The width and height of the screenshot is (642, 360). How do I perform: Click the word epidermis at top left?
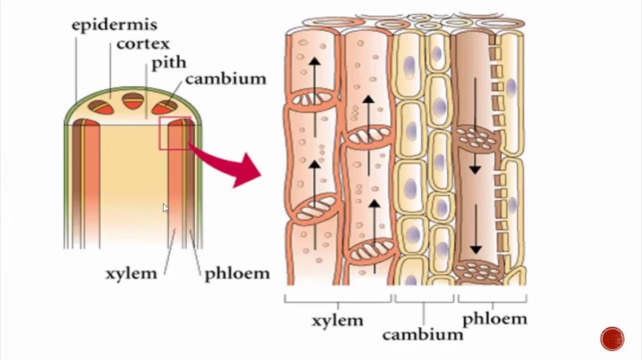coord(114,25)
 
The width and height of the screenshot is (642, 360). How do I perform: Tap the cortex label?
coord(143,43)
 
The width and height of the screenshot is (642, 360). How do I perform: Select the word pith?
coord(168,62)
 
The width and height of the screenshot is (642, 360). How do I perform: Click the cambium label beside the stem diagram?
coord(225,78)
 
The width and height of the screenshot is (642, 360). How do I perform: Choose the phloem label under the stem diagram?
coord(237,274)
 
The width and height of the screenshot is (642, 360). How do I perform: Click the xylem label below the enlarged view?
coord(337,320)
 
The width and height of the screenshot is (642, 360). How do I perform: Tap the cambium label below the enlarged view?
coord(423,334)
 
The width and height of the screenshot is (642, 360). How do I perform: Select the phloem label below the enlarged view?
coord(494,319)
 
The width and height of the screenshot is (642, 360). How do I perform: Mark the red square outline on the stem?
coord(175,134)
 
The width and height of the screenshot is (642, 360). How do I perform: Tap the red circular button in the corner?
coord(612,339)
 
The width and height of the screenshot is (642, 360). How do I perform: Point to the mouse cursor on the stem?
coord(165,208)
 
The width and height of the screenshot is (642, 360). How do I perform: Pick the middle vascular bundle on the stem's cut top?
coord(134,101)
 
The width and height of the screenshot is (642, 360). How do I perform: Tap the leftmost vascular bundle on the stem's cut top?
coord(98,106)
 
